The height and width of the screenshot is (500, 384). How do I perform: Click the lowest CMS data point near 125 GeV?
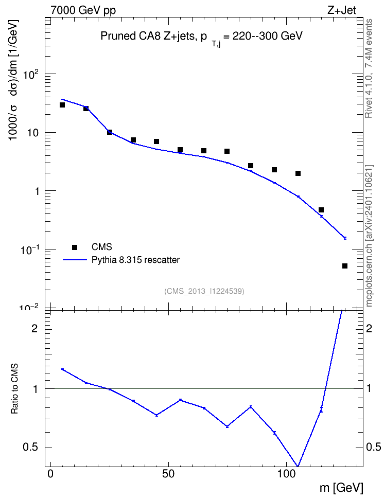345,266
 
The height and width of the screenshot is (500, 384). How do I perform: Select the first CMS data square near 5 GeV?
62,105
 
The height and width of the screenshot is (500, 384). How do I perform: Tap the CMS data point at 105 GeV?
298,173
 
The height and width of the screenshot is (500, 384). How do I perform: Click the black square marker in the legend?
75,247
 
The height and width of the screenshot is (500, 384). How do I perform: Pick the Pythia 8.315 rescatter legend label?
136,260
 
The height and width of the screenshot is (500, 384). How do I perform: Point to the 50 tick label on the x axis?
168,474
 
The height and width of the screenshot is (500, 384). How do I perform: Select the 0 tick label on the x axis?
50,474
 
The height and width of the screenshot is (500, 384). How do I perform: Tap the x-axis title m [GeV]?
342,488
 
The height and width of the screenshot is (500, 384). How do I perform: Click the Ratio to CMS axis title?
14,388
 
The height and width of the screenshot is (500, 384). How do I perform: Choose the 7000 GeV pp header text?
83,10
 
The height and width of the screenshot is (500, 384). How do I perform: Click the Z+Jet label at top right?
342,10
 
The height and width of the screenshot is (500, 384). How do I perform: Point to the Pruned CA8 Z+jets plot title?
201,37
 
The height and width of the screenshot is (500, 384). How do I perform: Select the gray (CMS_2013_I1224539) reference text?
204,291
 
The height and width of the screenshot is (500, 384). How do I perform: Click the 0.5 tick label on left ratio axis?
30,448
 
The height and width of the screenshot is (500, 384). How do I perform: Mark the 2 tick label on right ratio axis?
369,328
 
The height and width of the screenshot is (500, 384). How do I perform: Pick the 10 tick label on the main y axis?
32,132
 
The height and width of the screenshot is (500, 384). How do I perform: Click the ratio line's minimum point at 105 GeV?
298,466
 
